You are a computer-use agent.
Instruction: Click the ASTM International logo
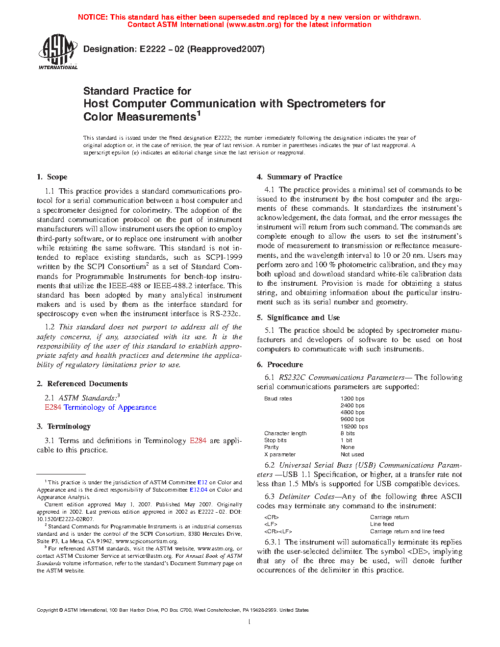pos(58,52)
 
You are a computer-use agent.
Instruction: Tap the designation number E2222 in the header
pos(152,49)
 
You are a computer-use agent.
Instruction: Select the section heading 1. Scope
pos(52,177)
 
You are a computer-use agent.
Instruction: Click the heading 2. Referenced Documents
pos(82,384)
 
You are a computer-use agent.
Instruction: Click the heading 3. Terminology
pos(64,426)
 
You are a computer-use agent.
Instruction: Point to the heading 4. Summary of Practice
pos(300,177)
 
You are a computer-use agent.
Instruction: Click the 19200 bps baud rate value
pos(354,426)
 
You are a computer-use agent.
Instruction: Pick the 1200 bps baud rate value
pos(352,398)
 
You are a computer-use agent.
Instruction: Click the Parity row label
pos(272,447)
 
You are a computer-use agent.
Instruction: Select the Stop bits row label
pos(275,440)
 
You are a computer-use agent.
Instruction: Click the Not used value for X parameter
pos(352,454)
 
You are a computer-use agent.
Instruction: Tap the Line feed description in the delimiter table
pos(382,524)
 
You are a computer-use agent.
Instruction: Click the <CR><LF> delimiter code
pos(278,531)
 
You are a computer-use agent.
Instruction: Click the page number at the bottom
pos(250,622)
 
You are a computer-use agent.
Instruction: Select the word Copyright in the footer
pos(48,610)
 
